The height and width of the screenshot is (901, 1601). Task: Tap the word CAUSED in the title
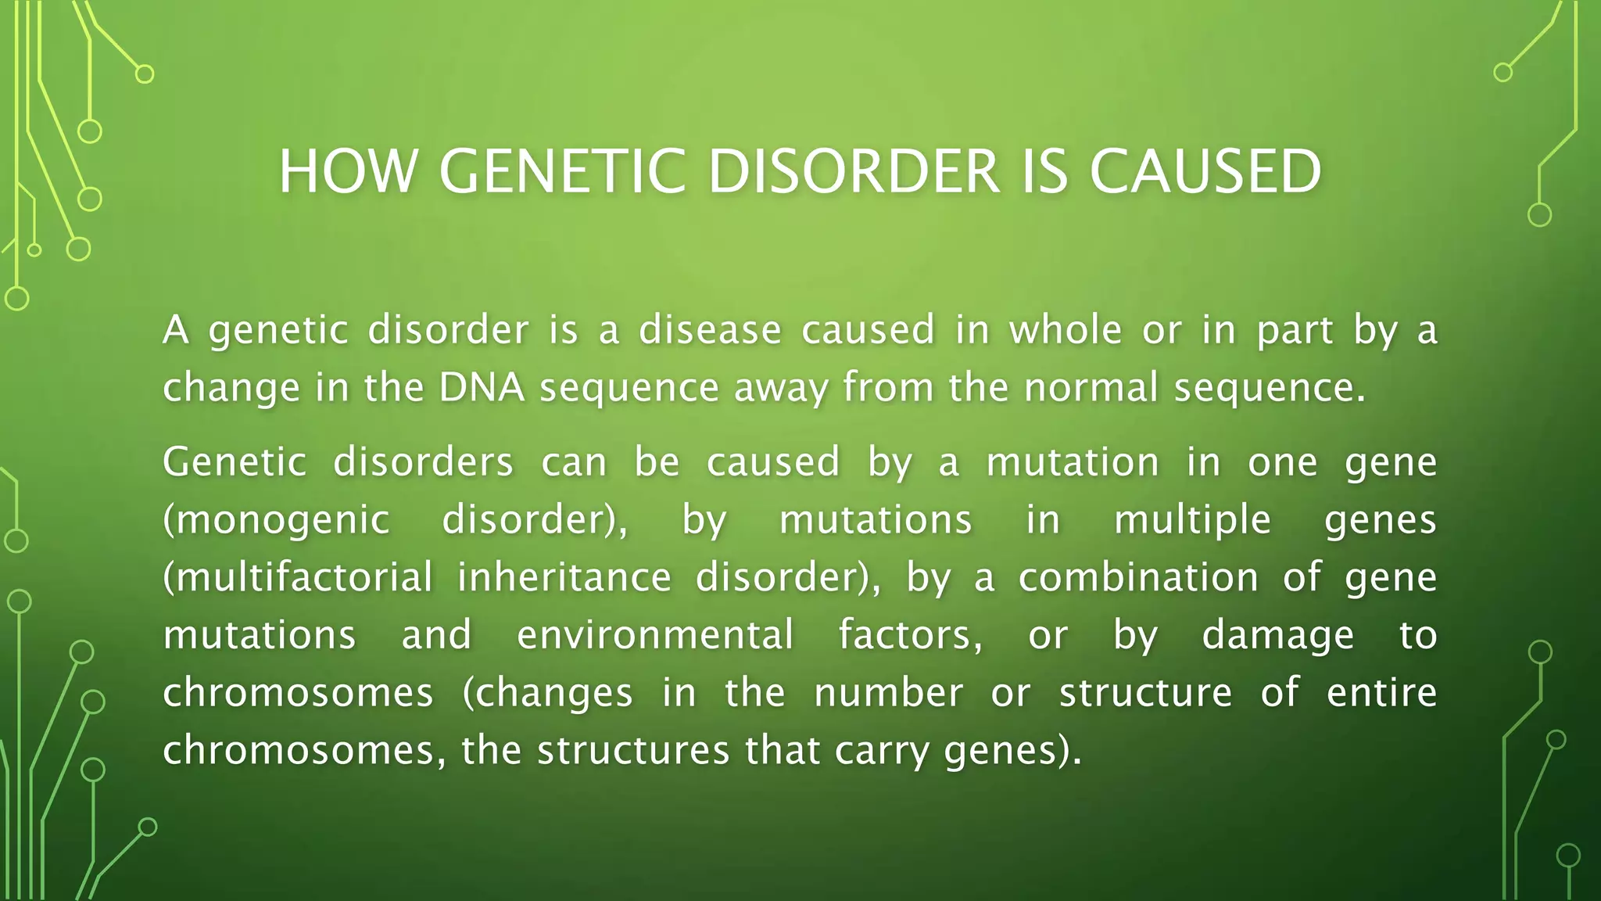point(1205,171)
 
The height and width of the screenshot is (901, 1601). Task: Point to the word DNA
point(482,388)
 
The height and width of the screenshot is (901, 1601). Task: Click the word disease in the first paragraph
point(710,330)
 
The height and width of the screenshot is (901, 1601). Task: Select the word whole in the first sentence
point(1066,330)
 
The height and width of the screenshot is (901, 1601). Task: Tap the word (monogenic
point(276,521)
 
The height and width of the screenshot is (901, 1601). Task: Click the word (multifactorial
point(297,578)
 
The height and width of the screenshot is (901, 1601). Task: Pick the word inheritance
point(564,578)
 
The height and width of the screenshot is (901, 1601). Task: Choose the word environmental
point(655,635)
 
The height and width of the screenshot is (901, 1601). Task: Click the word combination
point(1138,578)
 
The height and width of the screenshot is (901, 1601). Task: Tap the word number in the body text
point(888,693)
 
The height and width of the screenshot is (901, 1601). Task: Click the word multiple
point(1192,521)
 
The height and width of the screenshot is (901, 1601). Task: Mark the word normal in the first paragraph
point(1091,388)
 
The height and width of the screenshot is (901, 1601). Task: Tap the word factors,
point(911,635)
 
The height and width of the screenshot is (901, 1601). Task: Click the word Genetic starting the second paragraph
point(234,462)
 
